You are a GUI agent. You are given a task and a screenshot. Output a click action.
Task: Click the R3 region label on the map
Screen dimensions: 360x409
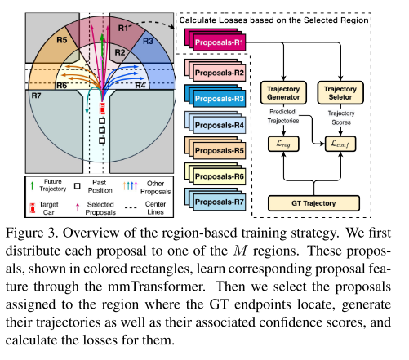(148, 39)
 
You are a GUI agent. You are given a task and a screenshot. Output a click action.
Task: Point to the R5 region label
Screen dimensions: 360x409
(61, 38)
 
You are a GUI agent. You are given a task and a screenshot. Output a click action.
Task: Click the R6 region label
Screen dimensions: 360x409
(61, 85)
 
